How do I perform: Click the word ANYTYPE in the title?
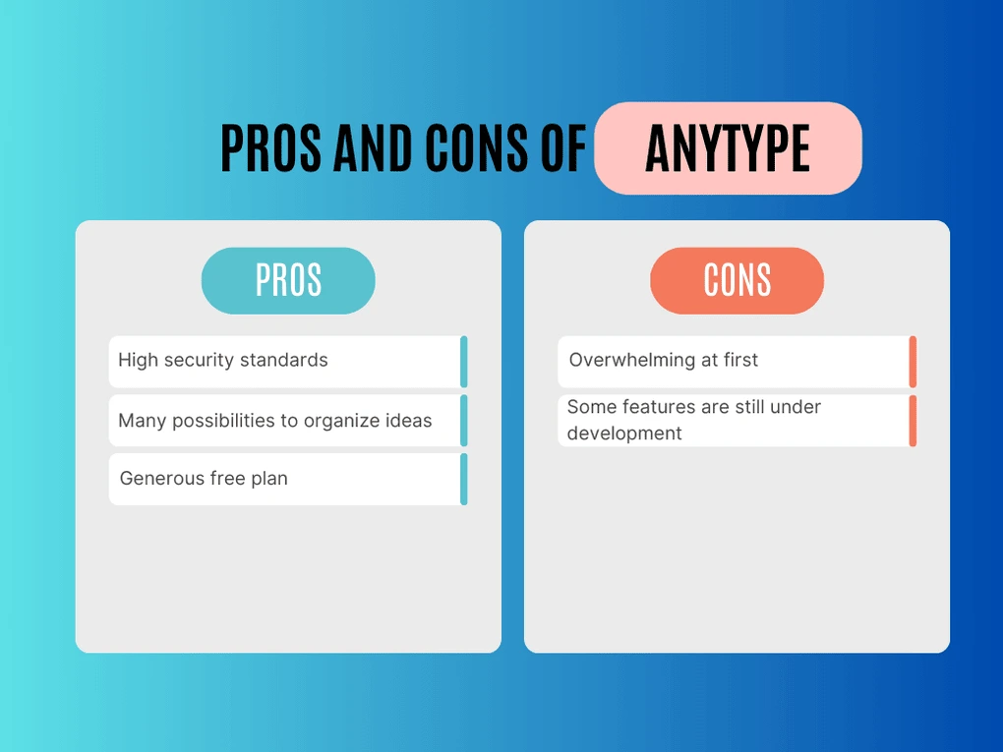pyautogui.click(x=728, y=148)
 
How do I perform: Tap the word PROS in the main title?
pyautogui.click(x=271, y=148)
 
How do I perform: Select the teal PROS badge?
pyautogui.click(x=288, y=280)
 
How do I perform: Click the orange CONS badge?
pyautogui.click(x=737, y=280)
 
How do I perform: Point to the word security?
pyautogui.click(x=200, y=360)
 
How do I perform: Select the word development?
pyautogui.click(x=624, y=434)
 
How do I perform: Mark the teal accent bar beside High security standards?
pyautogui.click(x=463, y=362)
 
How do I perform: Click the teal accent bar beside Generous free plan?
pyautogui.click(x=463, y=479)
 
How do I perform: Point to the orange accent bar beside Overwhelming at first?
pyautogui.click(x=913, y=362)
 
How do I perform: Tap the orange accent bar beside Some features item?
pyautogui.click(x=913, y=421)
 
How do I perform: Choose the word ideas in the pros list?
pyautogui.click(x=407, y=421)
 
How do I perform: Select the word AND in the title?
pyautogui.click(x=374, y=148)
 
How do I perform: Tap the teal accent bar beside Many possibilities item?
pyautogui.click(x=463, y=421)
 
